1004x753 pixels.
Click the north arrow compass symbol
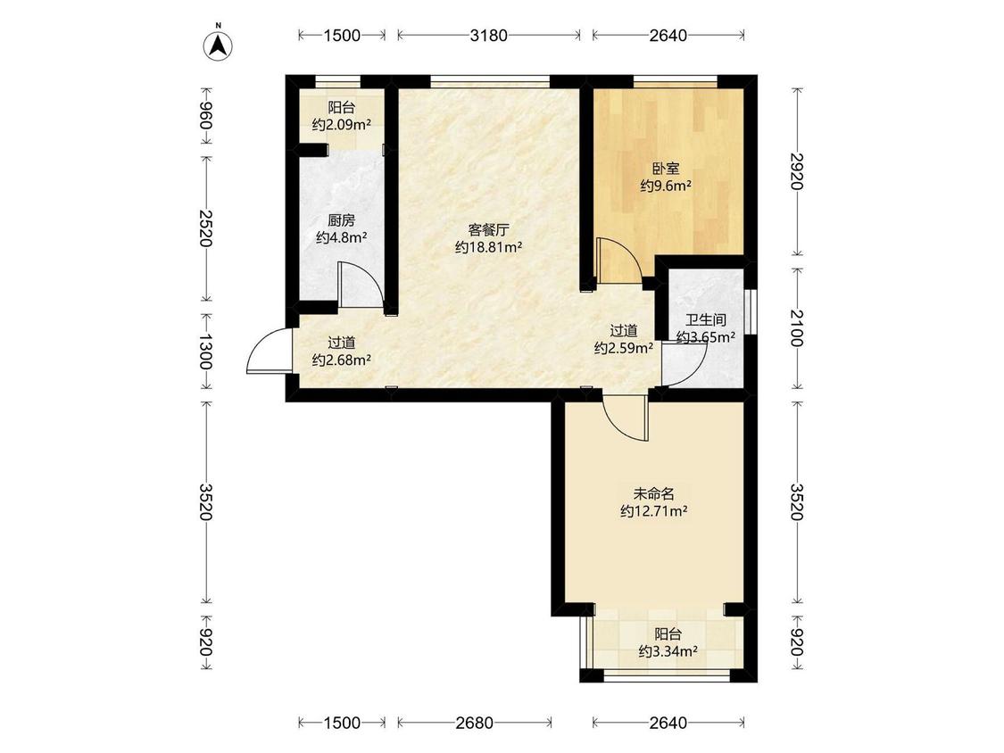(218, 45)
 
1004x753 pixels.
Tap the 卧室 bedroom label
(666, 169)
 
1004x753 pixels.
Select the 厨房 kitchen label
(341, 221)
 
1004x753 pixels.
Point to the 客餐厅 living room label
(488, 230)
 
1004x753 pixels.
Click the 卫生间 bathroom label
(706, 320)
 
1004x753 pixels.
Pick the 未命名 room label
(654, 494)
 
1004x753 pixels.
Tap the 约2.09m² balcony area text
(342, 125)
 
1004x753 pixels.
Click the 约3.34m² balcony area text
(668, 652)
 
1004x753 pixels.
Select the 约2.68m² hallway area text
(342, 360)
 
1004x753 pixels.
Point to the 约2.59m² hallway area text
(624, 348)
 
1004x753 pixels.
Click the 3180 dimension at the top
(488, 35)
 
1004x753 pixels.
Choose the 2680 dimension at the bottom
(475, 723)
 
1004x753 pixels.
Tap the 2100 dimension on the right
(796, 327)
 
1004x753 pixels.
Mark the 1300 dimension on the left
(205, 352)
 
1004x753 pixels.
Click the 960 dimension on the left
(205, 117)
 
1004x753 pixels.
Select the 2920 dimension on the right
(796, 171)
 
